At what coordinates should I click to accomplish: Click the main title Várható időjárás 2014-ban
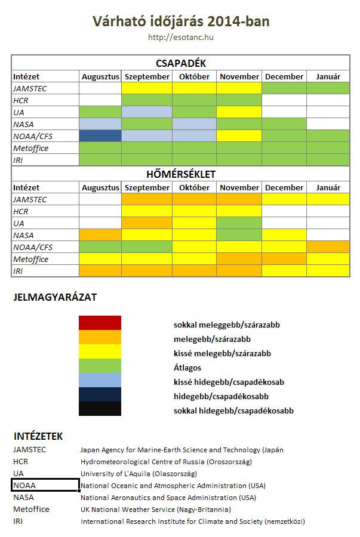(x=181, y=22)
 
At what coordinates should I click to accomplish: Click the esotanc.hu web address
(x=181, y=38)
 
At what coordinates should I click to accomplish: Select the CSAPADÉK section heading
(x=181, y=63)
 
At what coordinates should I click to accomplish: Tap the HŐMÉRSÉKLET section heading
(x=181, y=174)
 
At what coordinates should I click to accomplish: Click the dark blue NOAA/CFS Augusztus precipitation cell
(x=100, y=136)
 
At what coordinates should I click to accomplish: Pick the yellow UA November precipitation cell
(x=239, y=112)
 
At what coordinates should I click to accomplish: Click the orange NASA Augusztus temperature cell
(x=100, y=235)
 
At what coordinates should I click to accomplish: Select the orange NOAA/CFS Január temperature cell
(x=328, y=247)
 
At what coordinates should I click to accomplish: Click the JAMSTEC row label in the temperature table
(x=30, y=199)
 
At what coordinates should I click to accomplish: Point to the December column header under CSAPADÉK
(x=284, y=76)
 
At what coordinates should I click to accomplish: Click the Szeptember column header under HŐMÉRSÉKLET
(x=147, y=187)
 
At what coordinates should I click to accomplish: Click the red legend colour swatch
(x=100, y=323)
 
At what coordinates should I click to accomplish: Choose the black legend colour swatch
(x=100, y=409)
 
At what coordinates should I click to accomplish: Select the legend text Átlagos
(x=187, y=368)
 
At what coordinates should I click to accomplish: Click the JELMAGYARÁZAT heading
(x=55, y=297)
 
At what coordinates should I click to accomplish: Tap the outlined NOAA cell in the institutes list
(x=45, y=485)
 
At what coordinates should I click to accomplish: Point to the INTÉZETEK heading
(x=38, y=437)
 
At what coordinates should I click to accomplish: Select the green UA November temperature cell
(x=239, y=223)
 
